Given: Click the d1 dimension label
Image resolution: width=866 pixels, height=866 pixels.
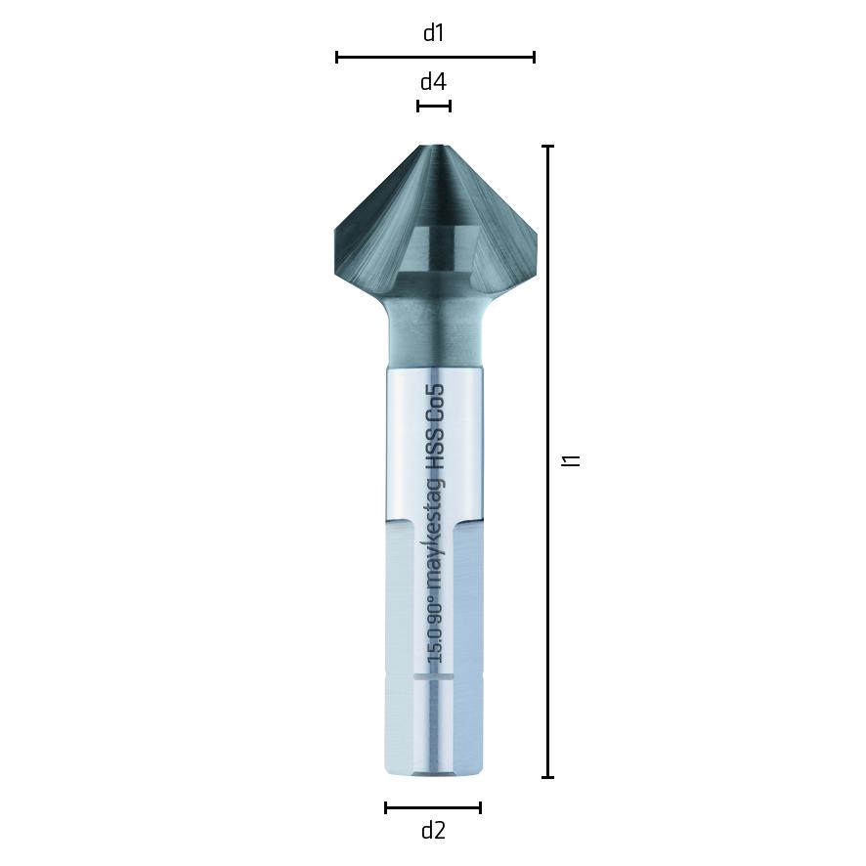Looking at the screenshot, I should click(x=433, y=33).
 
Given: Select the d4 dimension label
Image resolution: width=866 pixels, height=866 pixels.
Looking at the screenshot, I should click(x=433, y=82).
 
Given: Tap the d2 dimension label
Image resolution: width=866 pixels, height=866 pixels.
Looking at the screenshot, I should click(x=433, y=831).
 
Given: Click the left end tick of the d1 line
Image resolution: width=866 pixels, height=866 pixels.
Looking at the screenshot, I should click(x=337, y=57).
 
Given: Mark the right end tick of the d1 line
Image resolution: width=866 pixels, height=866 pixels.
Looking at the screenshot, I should click(x=534, y=57).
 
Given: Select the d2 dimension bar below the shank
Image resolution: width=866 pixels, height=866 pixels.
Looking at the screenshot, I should click(x=433, y=807).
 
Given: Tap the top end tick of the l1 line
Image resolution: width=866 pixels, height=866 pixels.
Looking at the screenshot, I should click(x=548, y=147).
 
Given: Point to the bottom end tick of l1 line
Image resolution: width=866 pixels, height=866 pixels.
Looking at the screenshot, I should click(x=548, y=777).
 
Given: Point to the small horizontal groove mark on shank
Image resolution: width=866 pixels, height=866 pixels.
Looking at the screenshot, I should click(x=433, y=675).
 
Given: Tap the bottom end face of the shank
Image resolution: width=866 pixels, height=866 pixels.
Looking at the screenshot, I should click(x=433, y=774).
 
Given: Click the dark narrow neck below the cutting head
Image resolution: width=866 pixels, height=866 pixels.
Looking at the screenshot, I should click(x=434, y=332).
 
